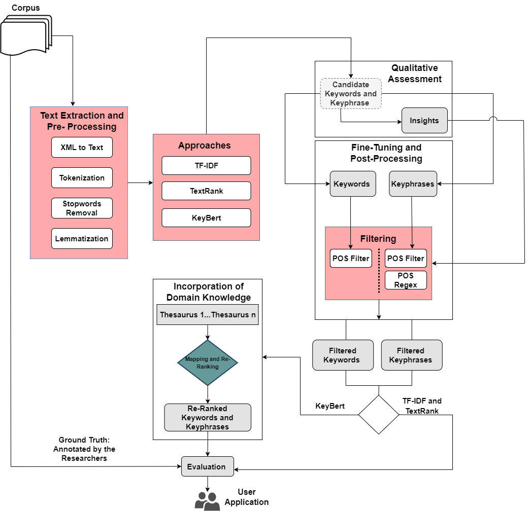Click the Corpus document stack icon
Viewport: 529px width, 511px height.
pyautogui.click(x=26, y=35)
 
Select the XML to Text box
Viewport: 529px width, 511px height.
pyautogui.click(x=82, y=148)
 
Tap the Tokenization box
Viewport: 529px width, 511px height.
pyautogui.click(x=82, y=178)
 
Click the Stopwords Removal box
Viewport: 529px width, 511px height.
pyautogui.click(x=82, y=208)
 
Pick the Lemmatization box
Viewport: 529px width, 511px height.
pyautogui.click(x=82, y=239)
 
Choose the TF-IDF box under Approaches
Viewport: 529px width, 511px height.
pyautogui.click(x=206, y=166)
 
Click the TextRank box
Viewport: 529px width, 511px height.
pyautogui.click(x=206, y=191)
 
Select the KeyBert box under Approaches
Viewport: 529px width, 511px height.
pyautogui.click(x=206, y=218)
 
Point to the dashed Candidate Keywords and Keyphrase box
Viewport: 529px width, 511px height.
pyautogui.click(x=351, y=93)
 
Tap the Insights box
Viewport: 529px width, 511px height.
pyautogui.click(x=424, y=121)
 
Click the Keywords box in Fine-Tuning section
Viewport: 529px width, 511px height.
pyautogui.click(x=353, y=184)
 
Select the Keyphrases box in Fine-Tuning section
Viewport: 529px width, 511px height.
pyautogui.click(x=413, y=184)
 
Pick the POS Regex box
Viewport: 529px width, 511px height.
pyautogui.click(x=406, y=280)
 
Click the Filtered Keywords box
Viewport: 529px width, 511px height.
pyautogui.click(x=342, y=355)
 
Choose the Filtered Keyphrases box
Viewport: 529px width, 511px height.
pyautogui.click(x=411, y=355)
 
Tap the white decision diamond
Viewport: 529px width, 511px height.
pyautogui.click(x=379, y=414)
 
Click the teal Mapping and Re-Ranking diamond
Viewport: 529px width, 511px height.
pyautogui.click(x=208, y=362)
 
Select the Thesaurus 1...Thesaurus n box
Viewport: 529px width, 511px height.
pyautogui.click(x=208, y=315)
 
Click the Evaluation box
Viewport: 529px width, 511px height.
pyautogui.click(x=208, y=466)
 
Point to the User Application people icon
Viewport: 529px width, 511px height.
pyautogui.click(x=207, y=501)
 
